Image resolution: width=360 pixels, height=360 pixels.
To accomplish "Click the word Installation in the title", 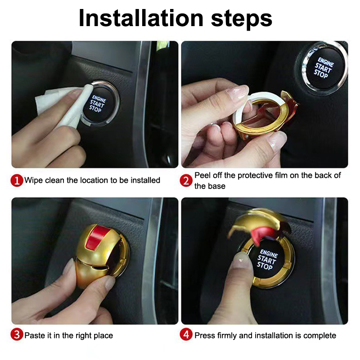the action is coord(141,18).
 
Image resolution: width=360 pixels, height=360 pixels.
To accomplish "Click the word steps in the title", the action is coord(242,19).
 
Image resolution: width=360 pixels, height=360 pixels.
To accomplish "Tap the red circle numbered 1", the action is coord(17,180).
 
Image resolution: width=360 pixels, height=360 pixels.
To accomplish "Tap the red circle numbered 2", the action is coord(186,180).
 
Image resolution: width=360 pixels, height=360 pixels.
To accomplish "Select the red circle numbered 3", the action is coord(17,334).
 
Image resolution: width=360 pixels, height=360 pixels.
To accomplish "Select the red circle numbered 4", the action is coord(186,334).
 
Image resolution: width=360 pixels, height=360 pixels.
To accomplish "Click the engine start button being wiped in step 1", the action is coord(100,104).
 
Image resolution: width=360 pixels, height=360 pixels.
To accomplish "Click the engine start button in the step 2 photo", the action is coord(323,68).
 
